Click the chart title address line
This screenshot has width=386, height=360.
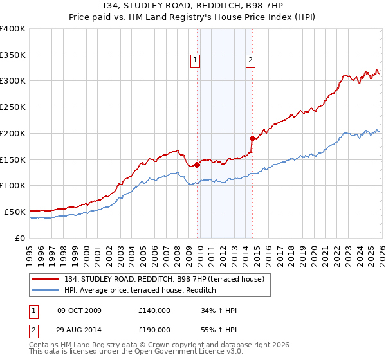pos(192,6)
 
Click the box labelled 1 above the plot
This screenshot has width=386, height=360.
pos(195,61)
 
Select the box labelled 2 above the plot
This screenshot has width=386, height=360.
pos(250,61)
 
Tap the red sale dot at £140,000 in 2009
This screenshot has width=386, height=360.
pos(197,165)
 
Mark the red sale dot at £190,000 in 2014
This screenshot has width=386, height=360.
pos(252,138)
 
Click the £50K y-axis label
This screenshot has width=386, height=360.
pos(14,212)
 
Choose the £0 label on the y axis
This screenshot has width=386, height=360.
pos(20,238)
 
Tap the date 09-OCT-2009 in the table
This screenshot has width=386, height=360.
pos(79,311)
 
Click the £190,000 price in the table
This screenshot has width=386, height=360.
pos(154,329)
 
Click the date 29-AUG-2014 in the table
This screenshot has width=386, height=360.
pos(79,329)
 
